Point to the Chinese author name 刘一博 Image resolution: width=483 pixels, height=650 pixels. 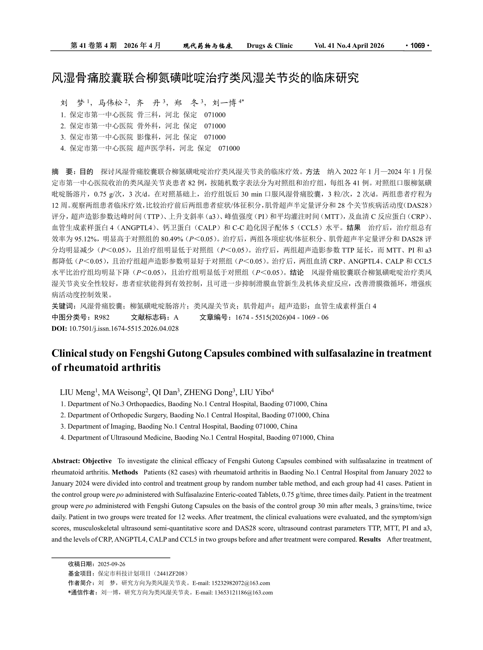click(x=225, y=103)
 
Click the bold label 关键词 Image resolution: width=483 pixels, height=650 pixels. click(x=62, y=306)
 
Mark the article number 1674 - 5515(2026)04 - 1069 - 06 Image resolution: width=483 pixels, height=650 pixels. click(x=282, y=317)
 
